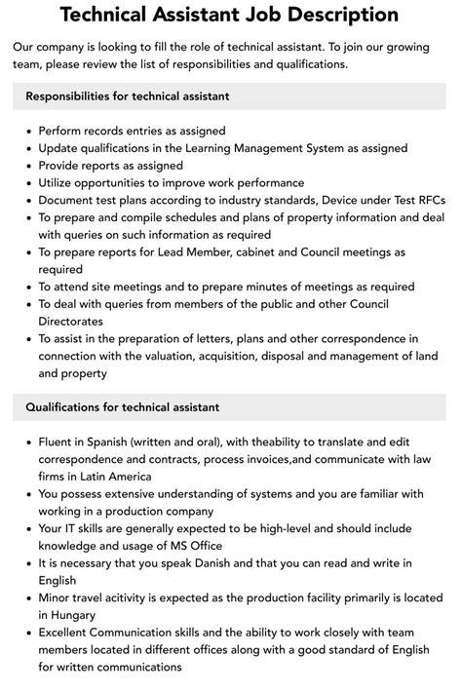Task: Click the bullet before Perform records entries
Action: [27, 131]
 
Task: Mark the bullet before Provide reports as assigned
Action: [27, 166]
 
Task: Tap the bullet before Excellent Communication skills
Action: [27, 634]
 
